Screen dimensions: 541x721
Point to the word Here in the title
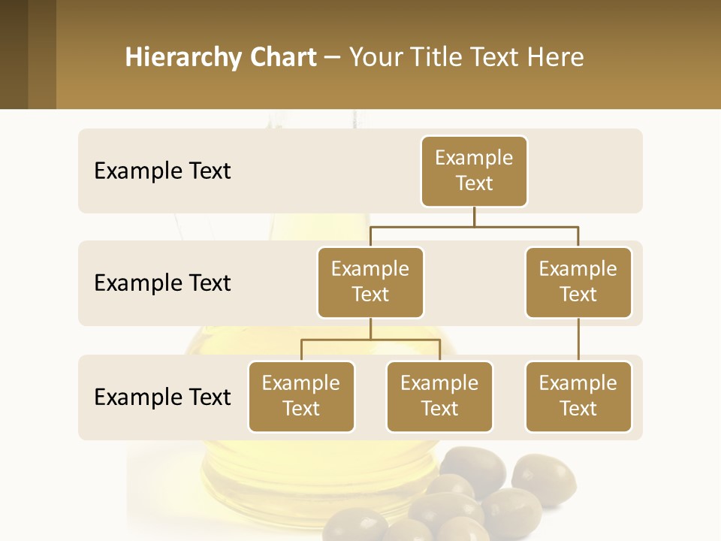556,57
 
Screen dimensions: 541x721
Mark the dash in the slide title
332,58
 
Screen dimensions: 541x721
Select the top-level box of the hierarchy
474,171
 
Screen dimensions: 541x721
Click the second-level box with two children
370,282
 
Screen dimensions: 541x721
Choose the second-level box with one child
578,282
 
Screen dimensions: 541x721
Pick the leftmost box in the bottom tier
301,396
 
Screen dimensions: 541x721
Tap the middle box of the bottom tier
439,396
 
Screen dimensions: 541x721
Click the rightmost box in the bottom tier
578,396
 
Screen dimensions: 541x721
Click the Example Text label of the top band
162,171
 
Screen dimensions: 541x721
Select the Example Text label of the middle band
162,283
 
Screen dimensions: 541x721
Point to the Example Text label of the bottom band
162,397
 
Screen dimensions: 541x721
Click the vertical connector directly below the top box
474,216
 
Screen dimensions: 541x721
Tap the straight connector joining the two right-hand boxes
578,340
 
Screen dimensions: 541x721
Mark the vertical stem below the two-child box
370,328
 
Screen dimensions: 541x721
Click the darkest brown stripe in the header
14,54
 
